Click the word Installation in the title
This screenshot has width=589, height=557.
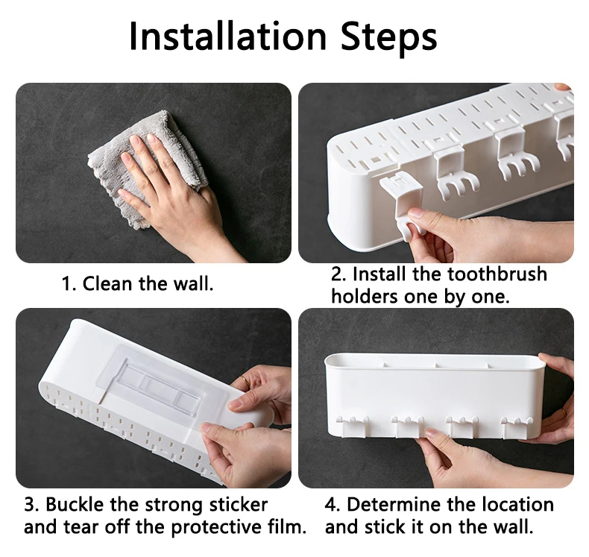click(x=227, y=36)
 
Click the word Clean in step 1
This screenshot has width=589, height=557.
click(x=107, y=283)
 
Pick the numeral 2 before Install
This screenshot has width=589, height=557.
click(x=336, y=274)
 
